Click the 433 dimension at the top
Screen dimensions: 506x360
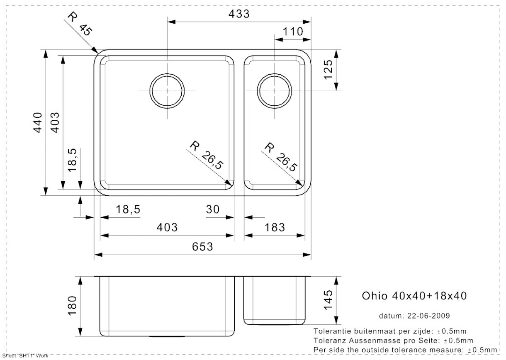pos(239,14)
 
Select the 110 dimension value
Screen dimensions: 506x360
pos(293,32)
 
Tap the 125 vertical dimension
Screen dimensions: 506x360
pos(328,69)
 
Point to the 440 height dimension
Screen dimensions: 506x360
pos(37,123)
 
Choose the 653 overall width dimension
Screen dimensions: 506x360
pos(202,246)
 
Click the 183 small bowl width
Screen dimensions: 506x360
pos(275,227)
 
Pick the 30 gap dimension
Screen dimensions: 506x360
pos(213,209)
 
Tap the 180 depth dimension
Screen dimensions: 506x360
pos(72,306)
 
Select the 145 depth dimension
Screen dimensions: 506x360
pos(328,300)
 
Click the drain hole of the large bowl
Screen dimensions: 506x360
pos(167,91)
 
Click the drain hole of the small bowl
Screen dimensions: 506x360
pos(274,91)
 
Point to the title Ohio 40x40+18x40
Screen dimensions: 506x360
pos(414,296)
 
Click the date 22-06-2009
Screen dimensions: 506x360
pos(428,316)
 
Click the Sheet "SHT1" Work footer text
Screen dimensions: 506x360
pos(25,356)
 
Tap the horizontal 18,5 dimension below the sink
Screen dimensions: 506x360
pos(128,209)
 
